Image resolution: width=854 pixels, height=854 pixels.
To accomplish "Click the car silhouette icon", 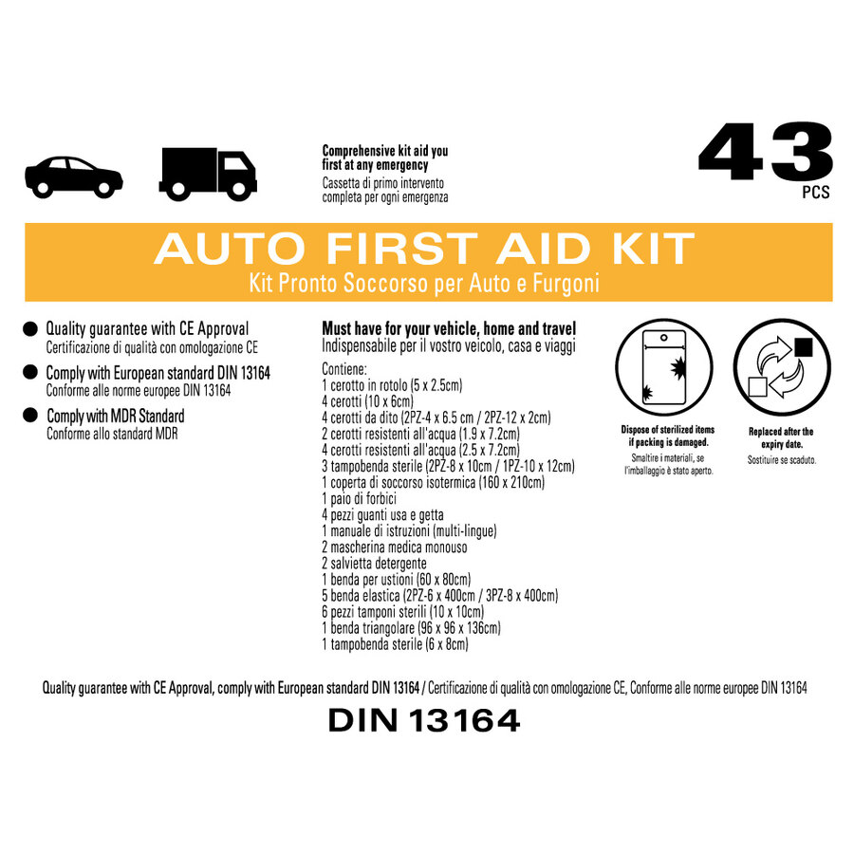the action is click(x=74, y=177).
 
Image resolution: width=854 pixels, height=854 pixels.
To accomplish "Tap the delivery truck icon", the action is click(x=208, y=174).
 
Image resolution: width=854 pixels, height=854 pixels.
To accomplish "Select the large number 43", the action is click(x=765, y=152).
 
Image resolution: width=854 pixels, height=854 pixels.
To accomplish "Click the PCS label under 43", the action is click(x=816, y=193).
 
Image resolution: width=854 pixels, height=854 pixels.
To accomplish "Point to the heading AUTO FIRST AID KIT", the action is click(x=424, y=249).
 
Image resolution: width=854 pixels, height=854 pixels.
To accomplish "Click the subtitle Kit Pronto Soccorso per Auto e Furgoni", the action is click(x=424, y=283).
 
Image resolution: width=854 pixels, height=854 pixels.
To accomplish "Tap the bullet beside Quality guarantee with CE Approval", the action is click(x=30, y=329).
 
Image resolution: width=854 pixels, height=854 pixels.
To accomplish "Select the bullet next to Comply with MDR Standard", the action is click(x=30, y=416).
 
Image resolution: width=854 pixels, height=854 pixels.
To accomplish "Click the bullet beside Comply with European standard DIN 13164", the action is click(x=30, y=373).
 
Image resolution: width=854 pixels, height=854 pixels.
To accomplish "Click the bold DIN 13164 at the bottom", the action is click(x=424, y=720).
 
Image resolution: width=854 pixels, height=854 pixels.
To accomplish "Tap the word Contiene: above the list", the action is click(x=344, y=369).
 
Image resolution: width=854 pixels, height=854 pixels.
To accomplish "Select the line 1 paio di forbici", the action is click(x=359, y=499).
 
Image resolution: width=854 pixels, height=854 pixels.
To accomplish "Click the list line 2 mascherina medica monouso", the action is click(x=395, y=548).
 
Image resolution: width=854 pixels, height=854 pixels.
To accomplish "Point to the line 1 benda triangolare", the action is click(x=368, y=628).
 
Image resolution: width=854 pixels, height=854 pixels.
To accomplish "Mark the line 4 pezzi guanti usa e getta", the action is click(x=382, y=515).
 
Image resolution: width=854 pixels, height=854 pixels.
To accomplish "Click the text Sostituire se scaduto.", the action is click(x=782, y=460).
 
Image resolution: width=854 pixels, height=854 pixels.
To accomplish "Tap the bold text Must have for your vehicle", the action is click(x=400, y=329).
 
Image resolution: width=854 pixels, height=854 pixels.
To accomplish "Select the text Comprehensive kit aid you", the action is click(x=385, y=151).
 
